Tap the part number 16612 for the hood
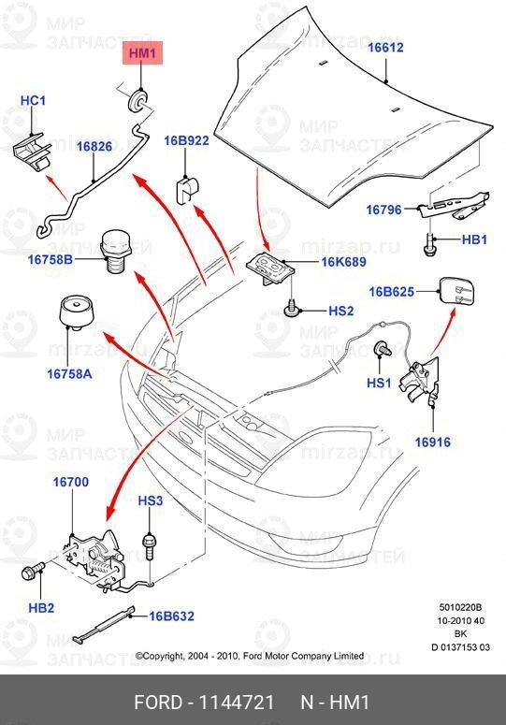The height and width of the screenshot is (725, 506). click(x=384, y=47)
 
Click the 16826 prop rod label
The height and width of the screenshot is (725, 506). click(x=94, y=147)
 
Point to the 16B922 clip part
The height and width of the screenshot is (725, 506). click(x=186, y=191)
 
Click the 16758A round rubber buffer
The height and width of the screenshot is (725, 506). click(x=75, y=313)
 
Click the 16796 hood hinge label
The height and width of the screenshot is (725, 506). click(x=384, y=210)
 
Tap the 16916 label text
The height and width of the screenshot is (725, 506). click(x=433, y=442)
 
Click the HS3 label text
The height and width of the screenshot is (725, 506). click(x=151, y=501)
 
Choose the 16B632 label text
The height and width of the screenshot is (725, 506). click(x=173, y=616)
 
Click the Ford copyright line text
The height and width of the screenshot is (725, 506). click(x=250, y=656)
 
